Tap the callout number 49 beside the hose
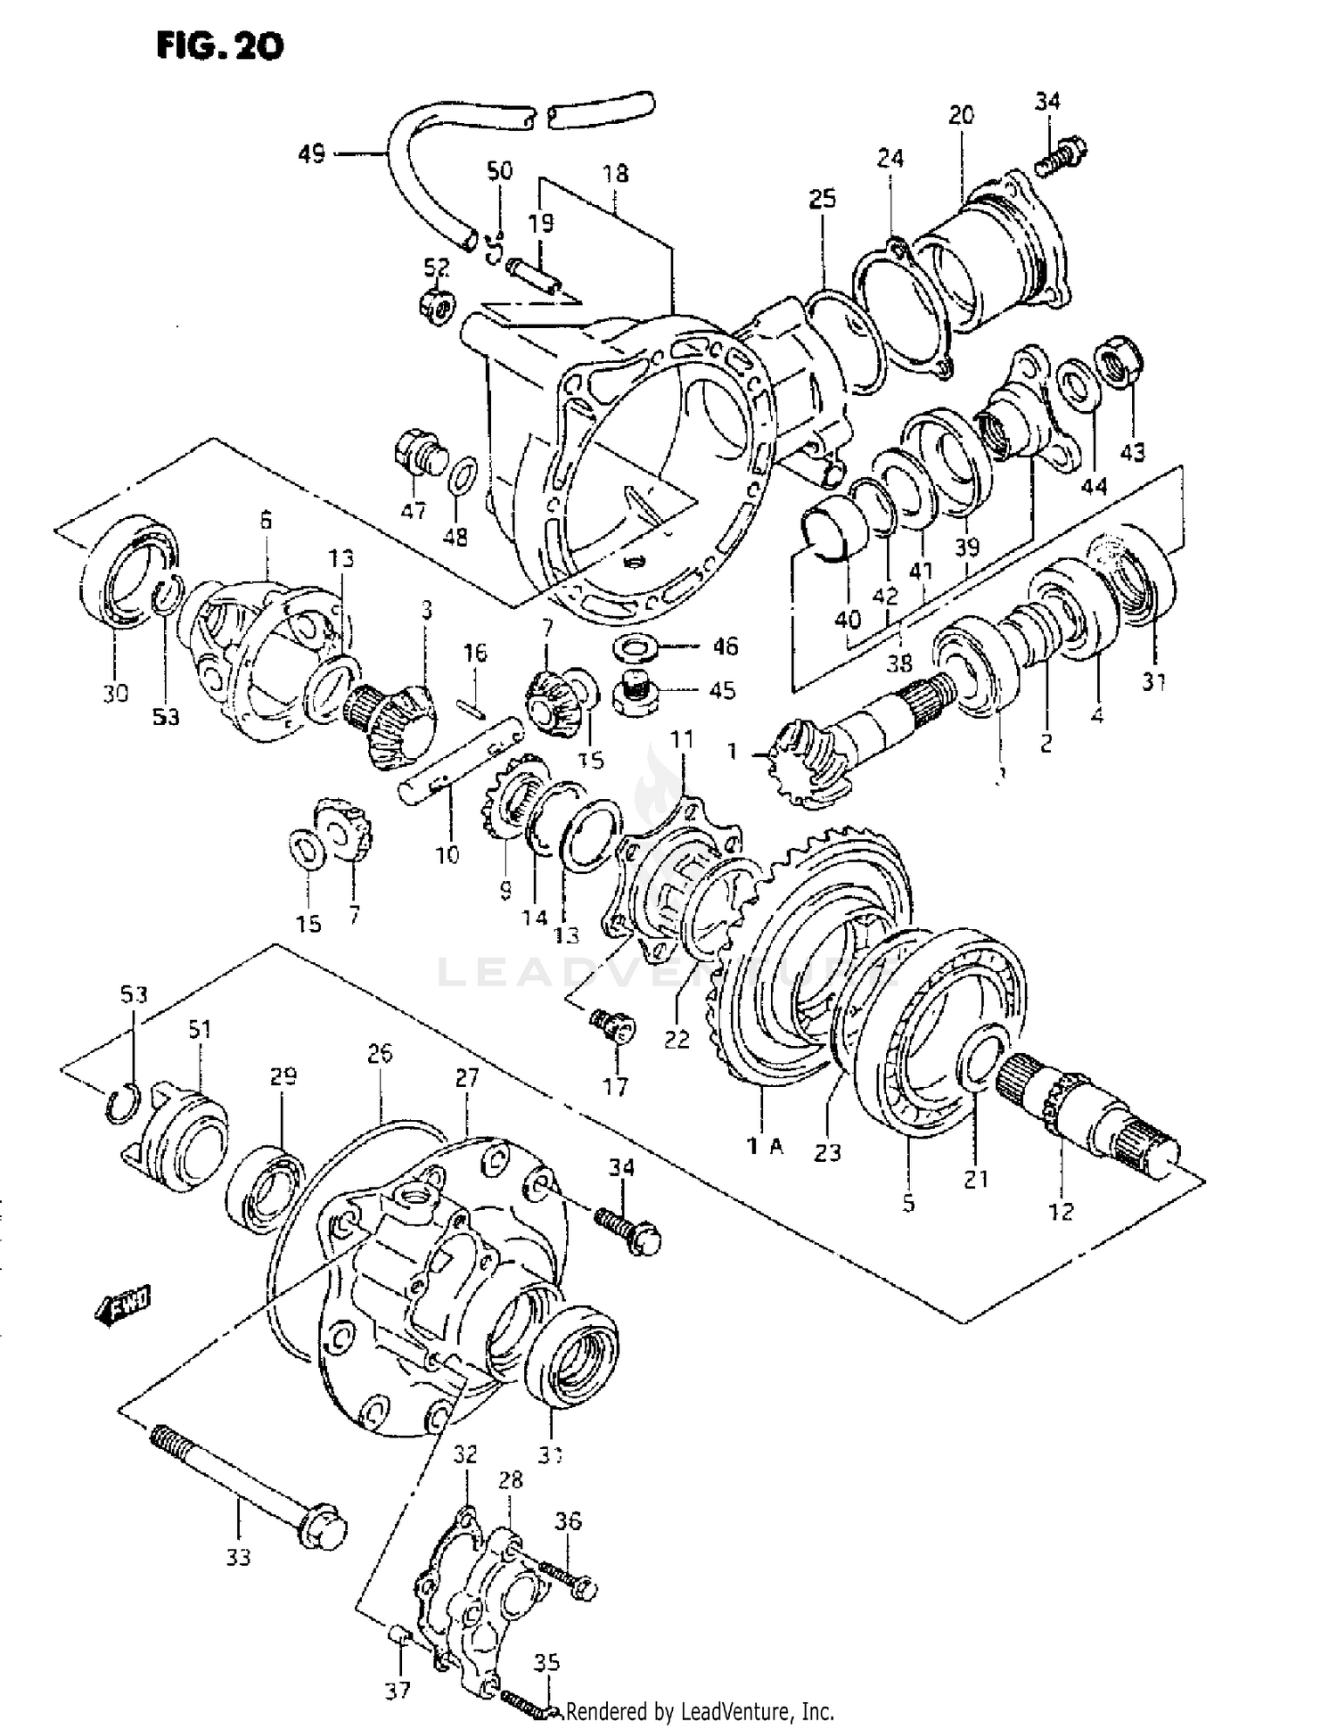click(x=311, y=154)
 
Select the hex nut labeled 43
click(x=1117, y=361)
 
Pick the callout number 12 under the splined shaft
click(x=1061, y=1211)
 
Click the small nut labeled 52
click(x=437, y=306)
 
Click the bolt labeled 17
click(x=614, y=1025)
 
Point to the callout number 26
click(x=380, y=1054)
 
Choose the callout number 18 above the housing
click(x=615, y=173)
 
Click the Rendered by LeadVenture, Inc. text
click(x=700, y=1711)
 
